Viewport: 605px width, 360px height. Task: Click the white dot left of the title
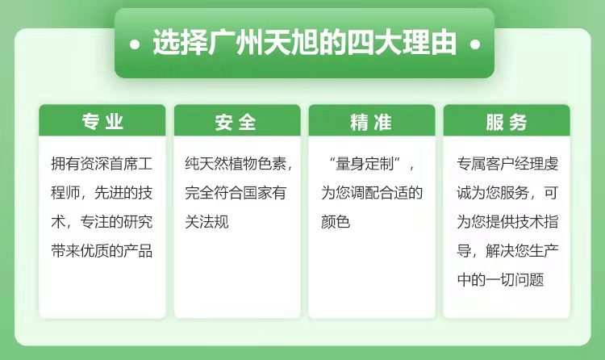click(135, 44)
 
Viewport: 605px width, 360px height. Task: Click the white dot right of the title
click(475, 44)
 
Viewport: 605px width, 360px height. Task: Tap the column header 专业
click(102, 121)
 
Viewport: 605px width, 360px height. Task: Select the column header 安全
click(236, 122)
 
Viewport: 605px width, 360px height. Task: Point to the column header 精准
click(371, 122)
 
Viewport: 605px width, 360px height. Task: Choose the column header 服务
click(507, 122)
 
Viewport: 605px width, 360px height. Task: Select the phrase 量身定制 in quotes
click(365, 164)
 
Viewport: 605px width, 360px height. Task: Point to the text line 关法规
click(207, 222)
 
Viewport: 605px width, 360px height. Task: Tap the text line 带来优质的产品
click(102, 251)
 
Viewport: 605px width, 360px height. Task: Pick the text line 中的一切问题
click(500, 279)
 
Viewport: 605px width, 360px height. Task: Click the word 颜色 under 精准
click(336, 222)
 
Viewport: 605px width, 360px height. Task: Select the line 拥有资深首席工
click(102, 164)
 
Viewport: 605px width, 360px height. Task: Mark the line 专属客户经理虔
click(507, 164)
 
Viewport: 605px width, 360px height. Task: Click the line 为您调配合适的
click(372, 193)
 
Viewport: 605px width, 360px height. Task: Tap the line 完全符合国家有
click(236, 193)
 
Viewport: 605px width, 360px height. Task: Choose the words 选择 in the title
click(180, 43)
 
